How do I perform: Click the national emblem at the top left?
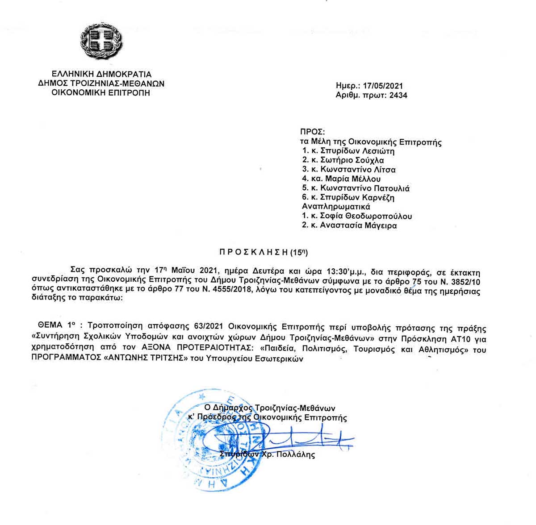[102, 41]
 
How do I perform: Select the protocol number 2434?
[398, 95]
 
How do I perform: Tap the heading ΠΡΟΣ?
[312, 132]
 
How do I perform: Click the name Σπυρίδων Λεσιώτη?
[357, 151]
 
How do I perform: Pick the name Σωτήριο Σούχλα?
[352, 160]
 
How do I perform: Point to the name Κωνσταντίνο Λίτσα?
[358, 170]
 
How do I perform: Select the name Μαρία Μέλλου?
[353, 179]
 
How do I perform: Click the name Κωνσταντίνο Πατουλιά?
[365, 188]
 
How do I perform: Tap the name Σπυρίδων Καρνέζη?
[357, 198]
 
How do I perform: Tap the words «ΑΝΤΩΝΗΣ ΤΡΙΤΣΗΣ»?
[139, 359]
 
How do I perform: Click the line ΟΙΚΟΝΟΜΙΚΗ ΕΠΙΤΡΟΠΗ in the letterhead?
[101, 93]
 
